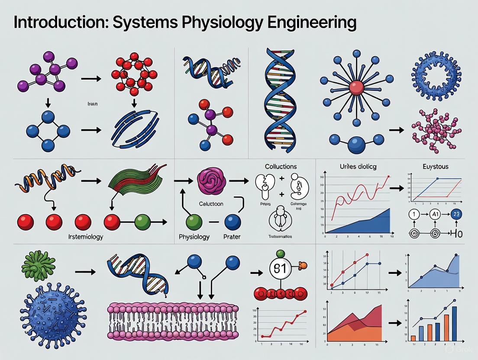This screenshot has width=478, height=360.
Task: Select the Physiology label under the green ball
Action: coord(194,237)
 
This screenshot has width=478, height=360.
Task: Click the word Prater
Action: coord(232,237)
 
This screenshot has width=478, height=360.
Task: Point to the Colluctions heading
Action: coord(281,166)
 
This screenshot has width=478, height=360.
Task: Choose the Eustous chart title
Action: coord(436,166)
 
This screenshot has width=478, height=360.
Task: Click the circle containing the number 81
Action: coord(280,269)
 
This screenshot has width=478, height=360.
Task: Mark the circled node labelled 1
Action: coord(414,214)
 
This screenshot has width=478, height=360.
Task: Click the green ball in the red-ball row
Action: coord(142,222)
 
